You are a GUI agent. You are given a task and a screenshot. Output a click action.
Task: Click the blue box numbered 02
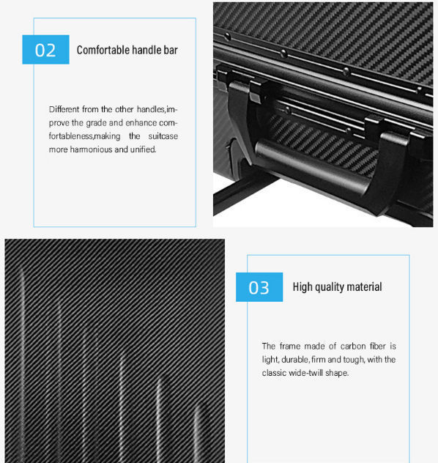pos(45,50)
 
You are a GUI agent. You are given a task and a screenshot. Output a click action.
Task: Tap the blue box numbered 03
pos(259,287)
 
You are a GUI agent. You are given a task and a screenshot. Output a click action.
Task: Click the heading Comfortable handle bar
pos(127,50)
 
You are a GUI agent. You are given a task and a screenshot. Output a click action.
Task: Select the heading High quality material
pos(337,287)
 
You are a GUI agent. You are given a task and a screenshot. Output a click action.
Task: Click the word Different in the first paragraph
pos(64,109)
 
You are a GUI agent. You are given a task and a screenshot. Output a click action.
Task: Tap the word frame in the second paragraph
pos(292,346)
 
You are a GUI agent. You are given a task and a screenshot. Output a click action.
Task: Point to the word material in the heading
pos(363,287)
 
